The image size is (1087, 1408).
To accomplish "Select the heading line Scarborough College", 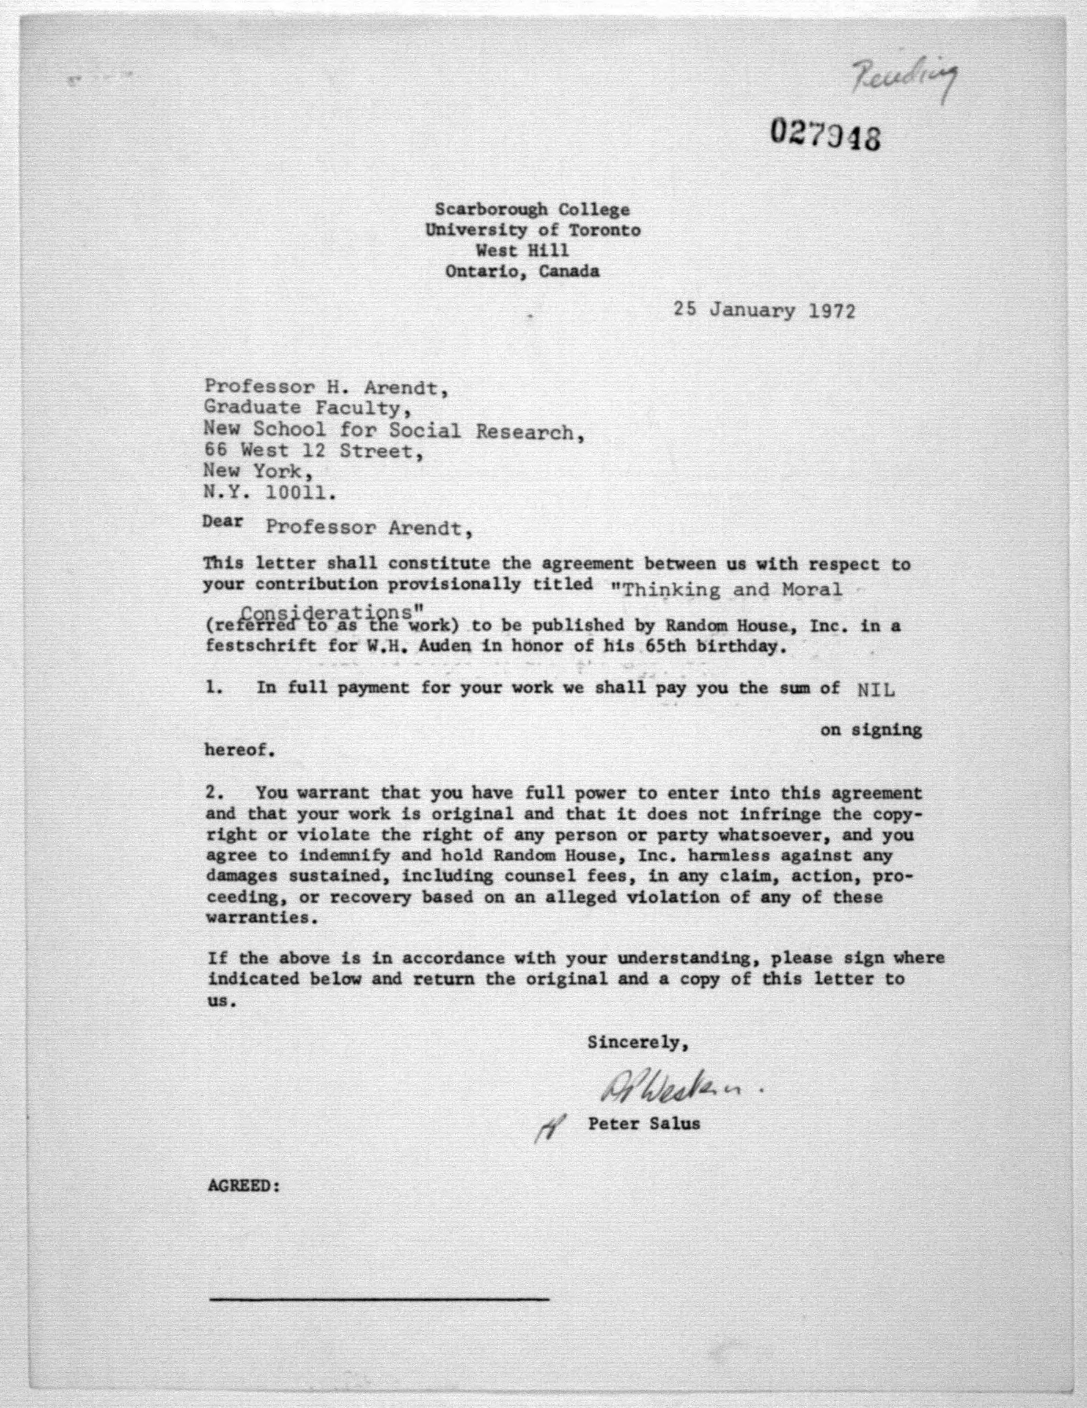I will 532,209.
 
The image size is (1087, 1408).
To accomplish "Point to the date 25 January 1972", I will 765,311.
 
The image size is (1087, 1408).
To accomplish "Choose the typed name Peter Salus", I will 643,1124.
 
